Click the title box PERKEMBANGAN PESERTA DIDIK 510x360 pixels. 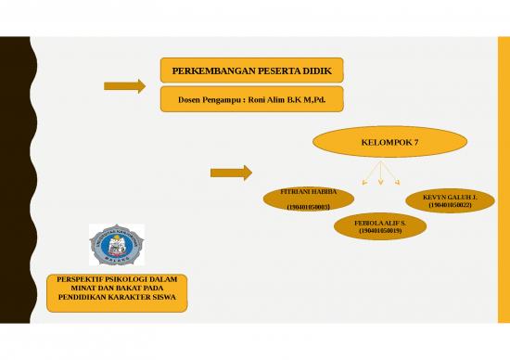click(x=251, y=71)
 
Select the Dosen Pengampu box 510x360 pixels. click(x=251, y=99)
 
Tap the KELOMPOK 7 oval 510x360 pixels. click(x=377, y=143)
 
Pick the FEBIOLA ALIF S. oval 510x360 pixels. click(x=378, y=226)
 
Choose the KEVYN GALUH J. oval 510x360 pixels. click(x=450, y=200)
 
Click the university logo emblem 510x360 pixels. click(x=118, y=244)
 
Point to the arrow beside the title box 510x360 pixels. click(x=124, y=86)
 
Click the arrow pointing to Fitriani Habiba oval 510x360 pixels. click(x=231, y=172)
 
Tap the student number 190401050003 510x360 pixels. click(x=309, y=207)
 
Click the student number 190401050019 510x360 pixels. click(x=379, y=231)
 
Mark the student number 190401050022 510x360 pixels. click(x=451, y=205)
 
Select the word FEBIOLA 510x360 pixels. click(x=368, y=223)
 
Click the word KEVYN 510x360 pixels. click(x=434, y=197)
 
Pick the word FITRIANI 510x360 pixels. click(x=295, y=192)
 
